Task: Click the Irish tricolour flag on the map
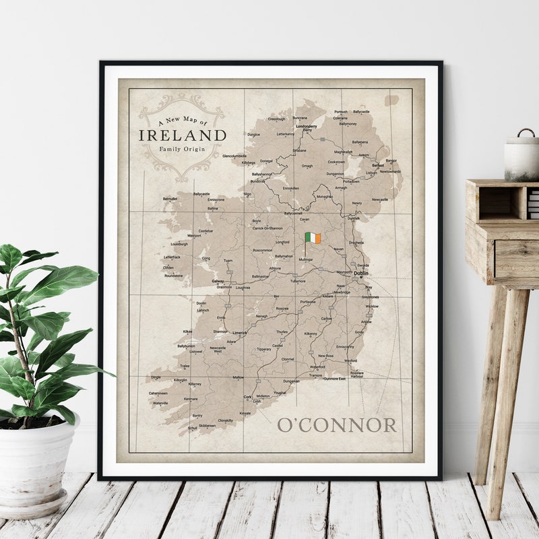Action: pyautogui.click(x=313, y=238)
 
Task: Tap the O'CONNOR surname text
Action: pyautogui.click(x=337, y=425)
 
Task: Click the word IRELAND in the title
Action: pyautogui.click(x=183, y=135)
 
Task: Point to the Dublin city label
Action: pyautogui.click(x=361, y=274)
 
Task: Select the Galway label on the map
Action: pyautogui.click(x=218, y=281)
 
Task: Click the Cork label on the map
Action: pyautogui.click(x=247, y=397)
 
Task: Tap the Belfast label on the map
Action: pyautogui.click(x=378, y=165)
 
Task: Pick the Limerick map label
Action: pyautogui.click(x=239, y=332)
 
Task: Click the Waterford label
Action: pyautogui.click(x=317, y=367)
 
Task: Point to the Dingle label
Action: pyautogui.click(x=156, y=377)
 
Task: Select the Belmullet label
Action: pyautogui.click(x=170, y=199)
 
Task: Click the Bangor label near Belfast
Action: pyautogui.click(x=391, y=160)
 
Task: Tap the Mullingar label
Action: pyautogui.click(x=306, y=259)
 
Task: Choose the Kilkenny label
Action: pyautogui.click(x=311, y=334)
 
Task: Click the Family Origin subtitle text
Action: pyautogui.click(x=183, y=148)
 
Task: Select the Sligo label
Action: pyautogui.click(x=247, y=194)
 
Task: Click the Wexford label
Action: pyautogui.click(x=350, y=360)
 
